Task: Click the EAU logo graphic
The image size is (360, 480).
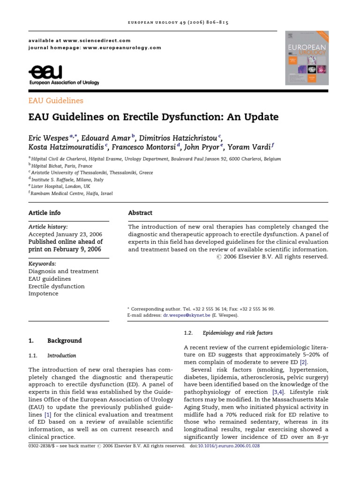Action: click(45, 73)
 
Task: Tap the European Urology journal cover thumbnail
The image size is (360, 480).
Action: click(307, 58)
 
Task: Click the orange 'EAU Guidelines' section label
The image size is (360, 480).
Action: click(56, 100)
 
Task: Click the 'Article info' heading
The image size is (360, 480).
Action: click(45, 213)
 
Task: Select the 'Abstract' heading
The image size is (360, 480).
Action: click(140, 213)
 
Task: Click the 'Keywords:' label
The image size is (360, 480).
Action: click(42, 263)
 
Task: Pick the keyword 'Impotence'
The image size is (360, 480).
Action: click(44, 293)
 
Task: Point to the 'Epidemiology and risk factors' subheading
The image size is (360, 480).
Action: click(238, 333)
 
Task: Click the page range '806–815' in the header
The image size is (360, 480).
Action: click(216, 22)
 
